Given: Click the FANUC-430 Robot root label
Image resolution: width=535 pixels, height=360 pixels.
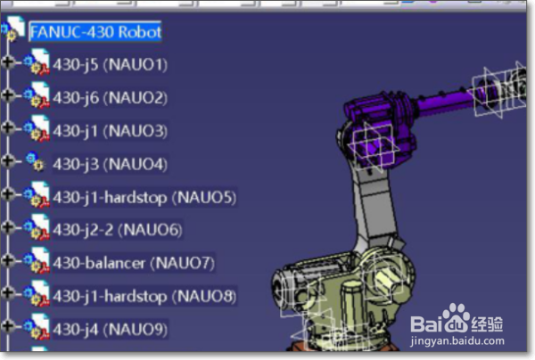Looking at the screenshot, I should pos(95,32).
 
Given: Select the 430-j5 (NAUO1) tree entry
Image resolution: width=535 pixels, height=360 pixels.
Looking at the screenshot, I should pos(110,65).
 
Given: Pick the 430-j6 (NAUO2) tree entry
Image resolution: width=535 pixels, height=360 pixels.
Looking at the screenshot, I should pos(110,98).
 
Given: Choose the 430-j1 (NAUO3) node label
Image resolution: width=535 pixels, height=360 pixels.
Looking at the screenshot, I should pos(110,131).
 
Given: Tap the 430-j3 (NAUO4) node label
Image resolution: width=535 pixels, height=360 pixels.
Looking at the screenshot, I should pos(110,164).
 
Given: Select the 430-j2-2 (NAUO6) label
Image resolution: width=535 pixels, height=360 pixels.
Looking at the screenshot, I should pos(117,230).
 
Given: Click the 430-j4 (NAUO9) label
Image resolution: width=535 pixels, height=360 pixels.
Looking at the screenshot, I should pos(110,329).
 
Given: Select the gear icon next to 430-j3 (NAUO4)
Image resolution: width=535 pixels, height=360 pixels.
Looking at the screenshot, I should pos(35,163).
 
